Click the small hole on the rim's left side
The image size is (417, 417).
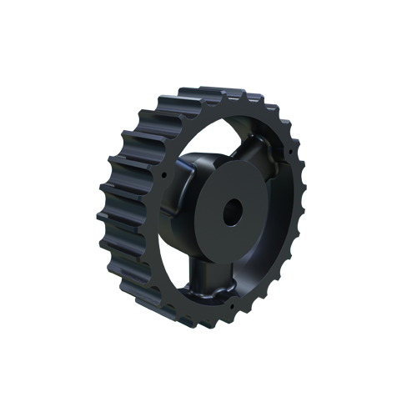tap(163, 177)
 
